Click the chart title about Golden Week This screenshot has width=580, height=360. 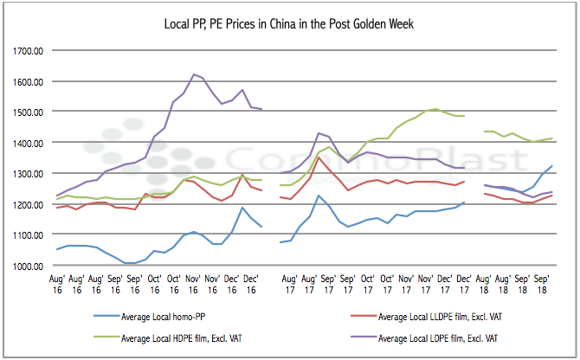pos(289,22)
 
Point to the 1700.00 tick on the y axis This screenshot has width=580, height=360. pos(29,51)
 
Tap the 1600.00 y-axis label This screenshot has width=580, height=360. pos(29,82)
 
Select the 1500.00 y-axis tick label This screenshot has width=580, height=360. pos(29,112)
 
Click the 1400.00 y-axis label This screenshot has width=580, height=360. pos(29,143)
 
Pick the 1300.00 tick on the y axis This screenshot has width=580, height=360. pos(29,174)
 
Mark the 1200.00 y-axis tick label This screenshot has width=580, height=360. pos(29,204)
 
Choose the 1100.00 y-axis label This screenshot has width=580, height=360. pos(29,235)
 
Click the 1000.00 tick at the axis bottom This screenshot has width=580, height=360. pos(29,266)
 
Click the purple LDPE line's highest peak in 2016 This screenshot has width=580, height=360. pos(192,74)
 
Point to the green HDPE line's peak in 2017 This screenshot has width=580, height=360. pos(436,109)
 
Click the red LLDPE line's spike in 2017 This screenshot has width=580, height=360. pos(319,157)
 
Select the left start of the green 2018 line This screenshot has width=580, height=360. pos(485,132)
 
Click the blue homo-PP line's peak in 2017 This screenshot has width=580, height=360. pos(319,196)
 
